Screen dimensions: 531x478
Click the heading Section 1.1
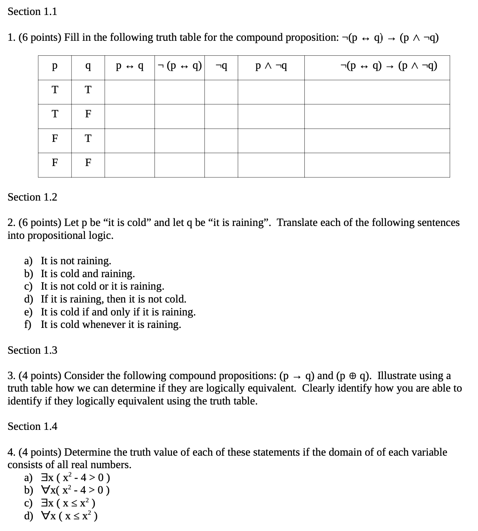point(32,12)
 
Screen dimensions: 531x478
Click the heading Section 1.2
point(32,197)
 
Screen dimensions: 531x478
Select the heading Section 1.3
point(32,350)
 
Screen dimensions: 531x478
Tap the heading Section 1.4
point(32,426)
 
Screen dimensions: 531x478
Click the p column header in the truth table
point(55,67)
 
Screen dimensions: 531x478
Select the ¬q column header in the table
point(221,67)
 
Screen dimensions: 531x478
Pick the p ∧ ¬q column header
point(271,67)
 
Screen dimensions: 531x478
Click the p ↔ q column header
point(129,67)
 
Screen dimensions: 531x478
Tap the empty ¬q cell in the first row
point(221,92)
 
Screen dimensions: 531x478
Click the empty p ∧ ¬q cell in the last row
point(271,165)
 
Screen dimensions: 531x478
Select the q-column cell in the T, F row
point(88,114)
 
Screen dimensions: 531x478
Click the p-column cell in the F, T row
point(55,138)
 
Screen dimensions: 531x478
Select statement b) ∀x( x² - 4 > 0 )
point(75,490)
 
